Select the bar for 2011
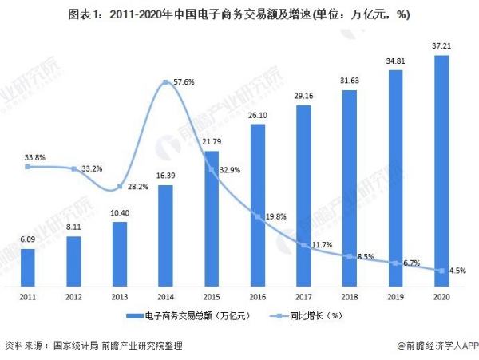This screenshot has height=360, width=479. [27, 267]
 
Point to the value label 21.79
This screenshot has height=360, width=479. [212, 142]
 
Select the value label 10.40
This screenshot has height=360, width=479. [120, 214]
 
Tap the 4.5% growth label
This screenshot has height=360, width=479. [457, 271]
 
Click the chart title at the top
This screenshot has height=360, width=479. [239, 14]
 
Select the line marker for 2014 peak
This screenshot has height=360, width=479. [165, 83]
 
